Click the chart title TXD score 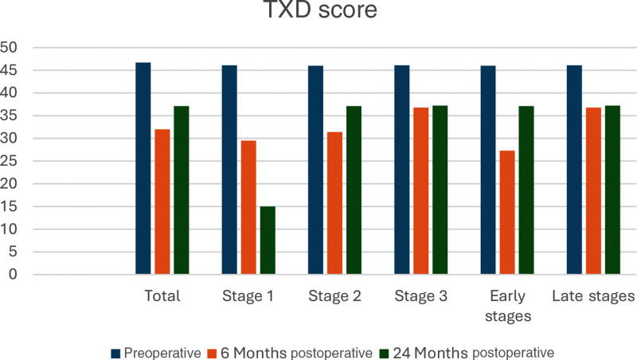pyautogui.click(x=321, y=9)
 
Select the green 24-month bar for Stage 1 pyautogui.click(x=268, y=241)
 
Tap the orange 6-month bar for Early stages pyautogui.click(x=507, y=213)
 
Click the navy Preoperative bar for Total pyautogui.click(x=143, y=169)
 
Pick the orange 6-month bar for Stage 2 pyautogui.click(x=334, y=203)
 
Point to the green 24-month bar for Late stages pyautogui.click(x=612, y=190)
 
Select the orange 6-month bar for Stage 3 pyautogui.click(x=421, y=191)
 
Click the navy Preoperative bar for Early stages pyautogui.click(x=488, y=170)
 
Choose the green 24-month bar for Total pyautogui.click(x=182, y=190)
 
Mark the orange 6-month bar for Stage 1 pyautogui.click(x=248, y=208)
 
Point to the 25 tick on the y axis pyautogui.click(x=9, y=161)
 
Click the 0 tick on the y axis pyautogui.click(x=13, y=274)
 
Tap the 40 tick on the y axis pyautogui.click(x=9, y=93)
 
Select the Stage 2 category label pyautogui.click(x=334, y=295)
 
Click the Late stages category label pyautogui.click(x=593, y=296)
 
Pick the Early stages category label pyautogui.click(x=508, y=306)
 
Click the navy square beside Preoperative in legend pyautogui.click(x=115, y=354)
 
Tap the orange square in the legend pyautogui.click(x=212, y=354)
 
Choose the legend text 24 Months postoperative pyautogui.click(x=473, y=353)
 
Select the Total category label pyautogui.click(x=162, y=295)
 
